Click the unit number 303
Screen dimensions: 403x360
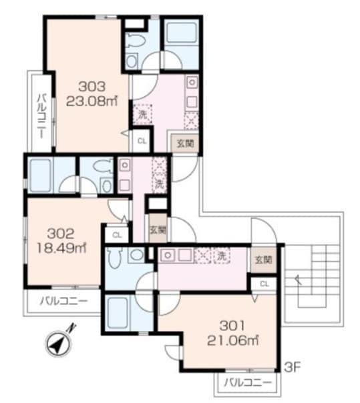coord(92,85)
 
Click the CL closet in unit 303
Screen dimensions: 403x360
coord(142,141)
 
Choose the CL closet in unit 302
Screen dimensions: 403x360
coord(116,234)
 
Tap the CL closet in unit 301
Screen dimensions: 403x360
coord(264,284)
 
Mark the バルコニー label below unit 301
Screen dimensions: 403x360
coord(248,383)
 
